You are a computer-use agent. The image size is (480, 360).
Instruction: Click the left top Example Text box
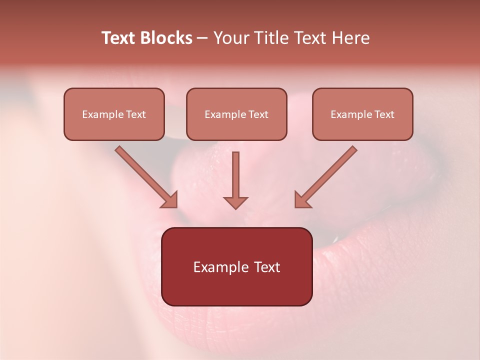pos(114,114)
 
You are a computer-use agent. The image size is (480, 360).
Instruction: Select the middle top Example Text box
pos(236,114)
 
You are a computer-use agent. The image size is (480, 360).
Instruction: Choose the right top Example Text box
pos(362,114)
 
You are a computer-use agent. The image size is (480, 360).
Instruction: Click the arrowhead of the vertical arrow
pos(235,202)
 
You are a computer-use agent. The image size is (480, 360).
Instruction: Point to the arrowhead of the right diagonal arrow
pos(301,200)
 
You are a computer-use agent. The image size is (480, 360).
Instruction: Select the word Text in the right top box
pos(384,114)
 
